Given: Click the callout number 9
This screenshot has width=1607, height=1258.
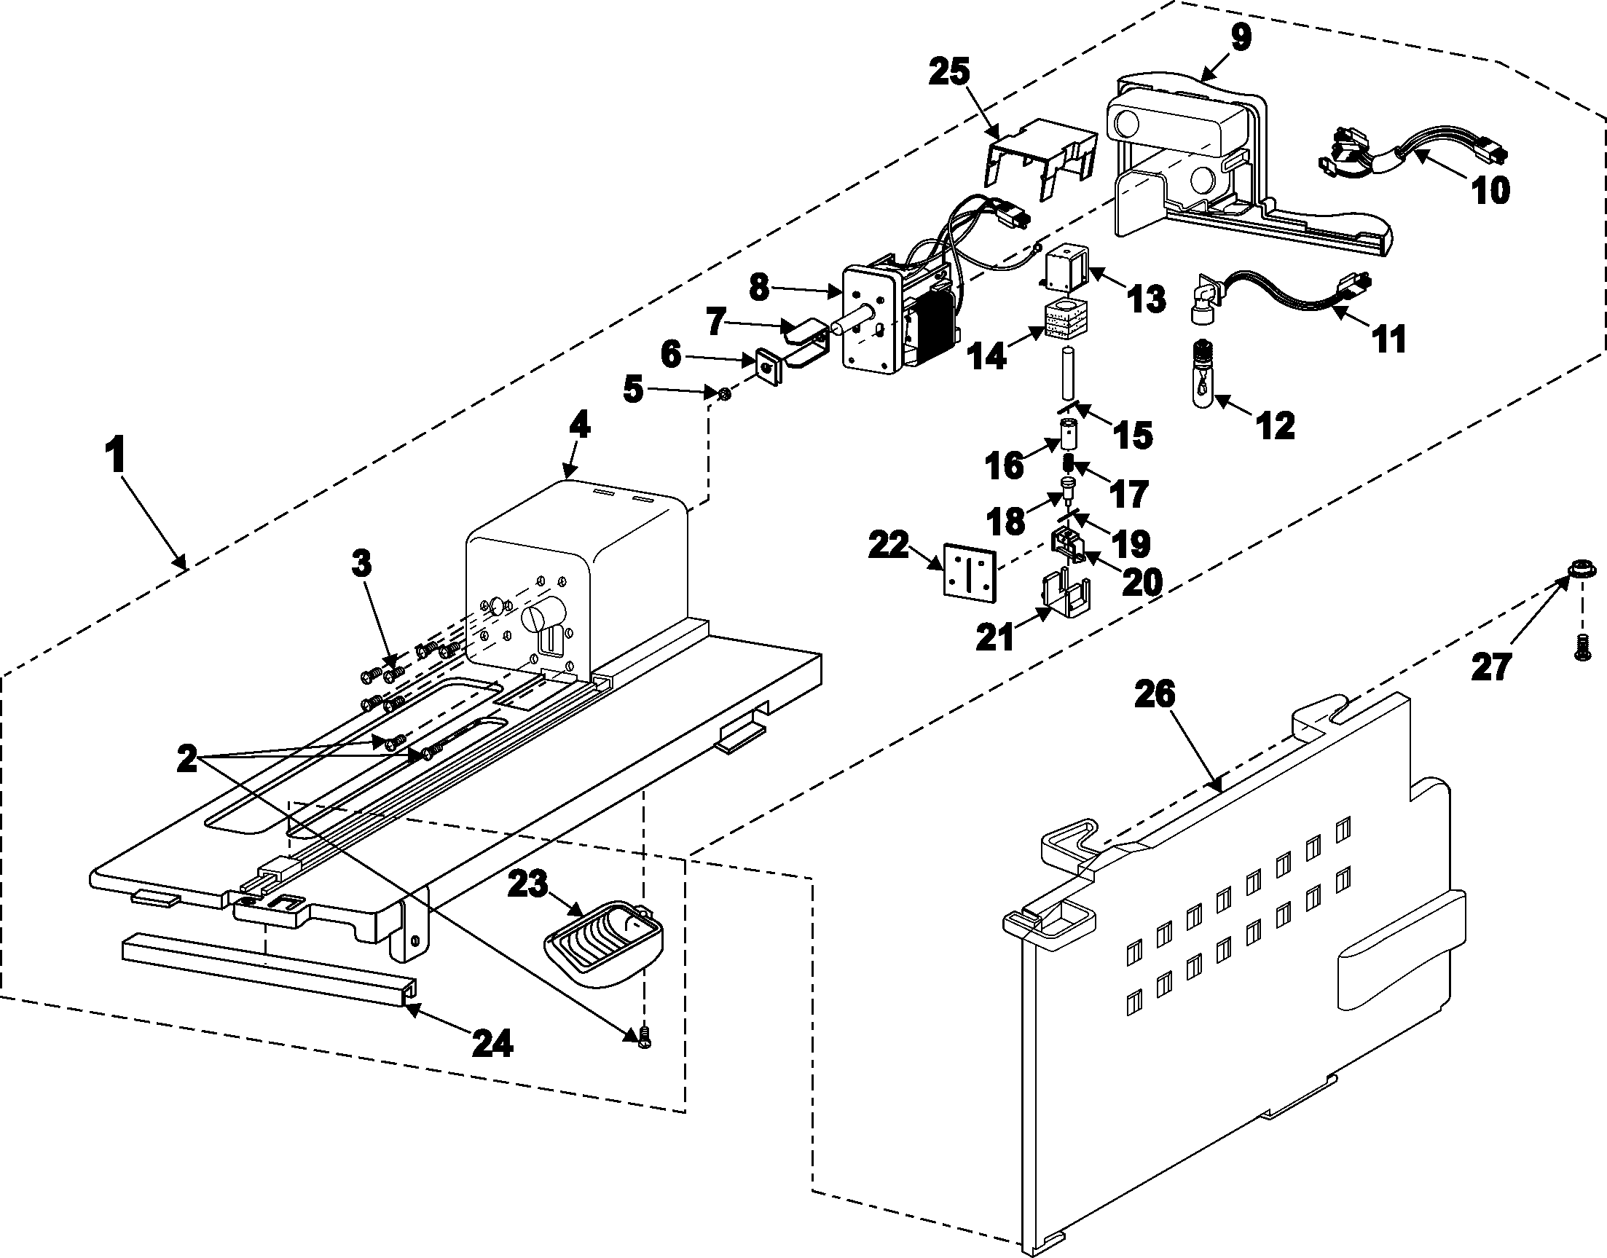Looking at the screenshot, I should pos(1241,37).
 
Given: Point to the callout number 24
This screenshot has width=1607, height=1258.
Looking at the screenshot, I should pos(492,1043).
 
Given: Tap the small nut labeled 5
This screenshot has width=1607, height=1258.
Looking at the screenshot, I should pos(724,395).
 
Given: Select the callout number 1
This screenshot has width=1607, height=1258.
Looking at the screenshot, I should pos(115,457).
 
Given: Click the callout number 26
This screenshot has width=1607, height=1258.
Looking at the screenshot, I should pos(1154,694).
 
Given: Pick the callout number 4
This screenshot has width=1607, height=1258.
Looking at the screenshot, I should pos(580,425).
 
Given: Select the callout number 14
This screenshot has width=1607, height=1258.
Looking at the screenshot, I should pos(986,357).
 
